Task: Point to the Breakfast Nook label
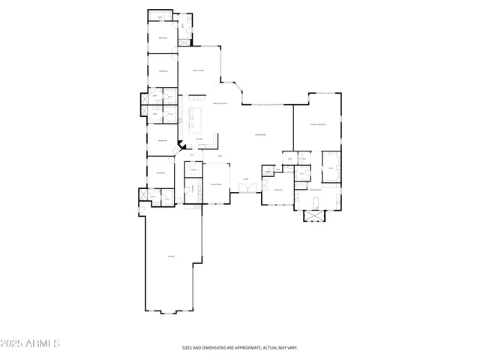[220, 103]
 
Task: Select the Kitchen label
[199, 139]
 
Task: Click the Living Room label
[261, 135]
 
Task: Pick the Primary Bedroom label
[318, 124]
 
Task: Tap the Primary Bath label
[316, 191]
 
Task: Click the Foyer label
[245, 178]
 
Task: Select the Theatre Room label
[215, 183]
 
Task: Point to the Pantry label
[193, 170]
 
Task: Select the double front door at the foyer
[245, 187]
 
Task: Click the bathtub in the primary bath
[316, 204]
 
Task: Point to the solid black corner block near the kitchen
[180, 148]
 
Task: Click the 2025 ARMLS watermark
[31, 343]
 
